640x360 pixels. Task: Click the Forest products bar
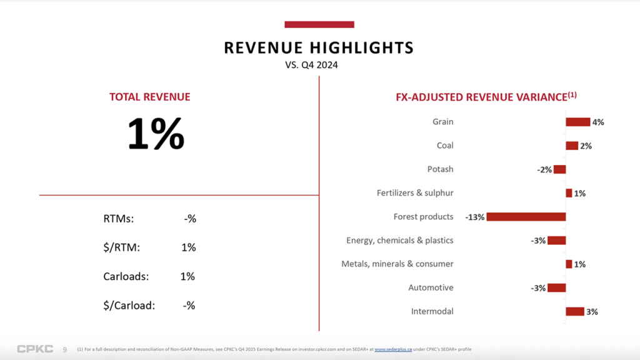point(526,217)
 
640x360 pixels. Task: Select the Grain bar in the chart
point(577,122)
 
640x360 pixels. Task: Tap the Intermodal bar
point(574,311)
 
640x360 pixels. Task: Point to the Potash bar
point(559,169)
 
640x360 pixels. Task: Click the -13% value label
point(475,217)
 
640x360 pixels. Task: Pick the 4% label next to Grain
point(598,122)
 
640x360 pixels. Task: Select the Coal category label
point(445,146)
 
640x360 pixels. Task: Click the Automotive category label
point(431,287)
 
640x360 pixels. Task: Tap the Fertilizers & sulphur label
point(415,193)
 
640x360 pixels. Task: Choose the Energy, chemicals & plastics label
point(399,241)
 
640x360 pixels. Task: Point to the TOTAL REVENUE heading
point(150,97)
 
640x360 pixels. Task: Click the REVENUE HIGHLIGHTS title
point(319,48)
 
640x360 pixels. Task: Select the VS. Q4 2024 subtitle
point(311,64)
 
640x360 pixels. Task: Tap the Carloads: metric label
point(126,276)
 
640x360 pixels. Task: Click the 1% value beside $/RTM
point(188,247)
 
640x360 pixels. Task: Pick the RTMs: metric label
point(119,219)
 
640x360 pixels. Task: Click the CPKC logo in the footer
point(35,349)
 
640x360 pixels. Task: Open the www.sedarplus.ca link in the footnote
point(393,349)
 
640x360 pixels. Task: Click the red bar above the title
point(319,24)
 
